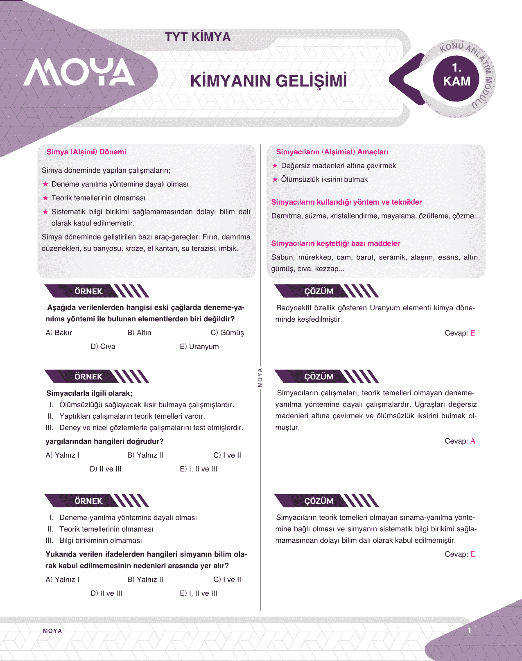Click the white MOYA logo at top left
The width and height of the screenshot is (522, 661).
(x=79, y=72)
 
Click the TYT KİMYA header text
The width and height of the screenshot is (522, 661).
(x=198, y=37)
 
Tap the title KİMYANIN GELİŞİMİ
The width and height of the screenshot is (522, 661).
(x=269, y=81)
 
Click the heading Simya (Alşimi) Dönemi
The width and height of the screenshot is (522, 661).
(x=86, y=152)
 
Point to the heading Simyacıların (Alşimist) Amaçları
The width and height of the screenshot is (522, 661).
(x=332, y=152)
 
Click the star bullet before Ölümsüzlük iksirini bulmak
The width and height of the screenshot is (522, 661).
(x=275, y=180)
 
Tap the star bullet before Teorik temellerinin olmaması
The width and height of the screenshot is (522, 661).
(x=45, y=198)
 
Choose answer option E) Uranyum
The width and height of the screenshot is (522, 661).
(x=199, y=347)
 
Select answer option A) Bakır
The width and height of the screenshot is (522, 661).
(x=59, y=333)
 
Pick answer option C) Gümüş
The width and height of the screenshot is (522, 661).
(x=227, y=333)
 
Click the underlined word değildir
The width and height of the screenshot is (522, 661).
(x=217, y=319)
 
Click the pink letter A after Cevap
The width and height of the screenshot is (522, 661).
(x=472, y=441)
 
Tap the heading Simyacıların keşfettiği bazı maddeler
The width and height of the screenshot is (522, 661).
(x=336, y=244)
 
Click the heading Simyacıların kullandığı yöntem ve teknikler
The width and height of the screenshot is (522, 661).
(x=346, y=202)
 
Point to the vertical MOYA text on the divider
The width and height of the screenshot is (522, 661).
(x=260, y=377)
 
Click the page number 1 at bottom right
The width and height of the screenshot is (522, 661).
(x=470, y=631)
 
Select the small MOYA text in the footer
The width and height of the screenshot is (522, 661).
(x=52, y=631)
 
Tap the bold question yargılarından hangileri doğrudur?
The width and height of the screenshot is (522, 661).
(x=105, y=442)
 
